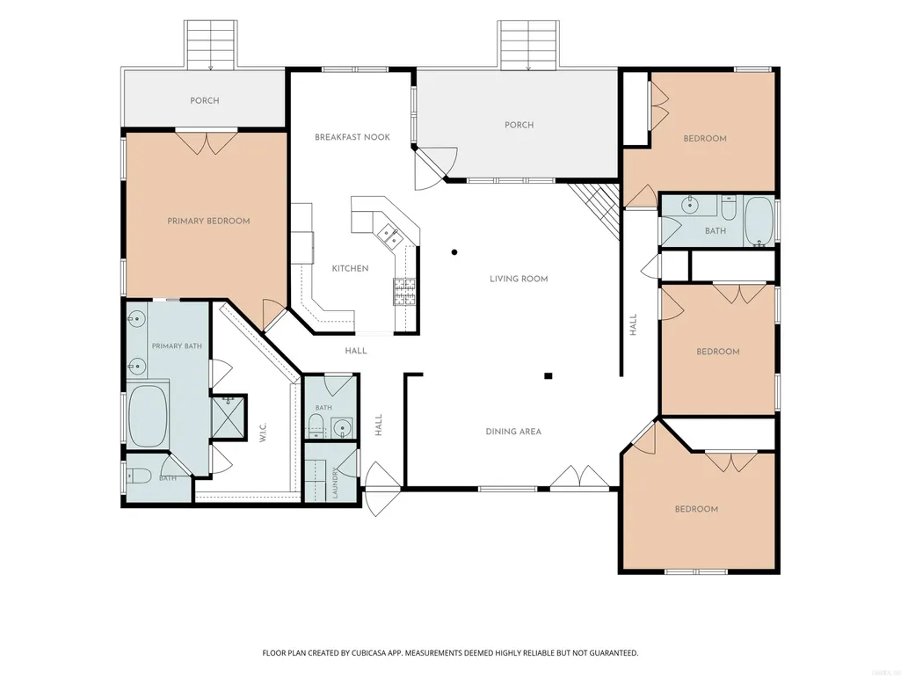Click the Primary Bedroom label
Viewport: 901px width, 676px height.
[208, 221]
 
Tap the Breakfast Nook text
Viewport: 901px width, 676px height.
[352, 137]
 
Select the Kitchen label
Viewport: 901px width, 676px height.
[350, 268]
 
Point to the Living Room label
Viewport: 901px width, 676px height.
[519, 279]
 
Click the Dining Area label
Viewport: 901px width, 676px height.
[513, 432]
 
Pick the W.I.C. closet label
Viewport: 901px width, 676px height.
[263, 432]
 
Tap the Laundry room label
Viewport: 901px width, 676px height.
[335, 483]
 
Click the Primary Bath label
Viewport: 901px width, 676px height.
[177, 346]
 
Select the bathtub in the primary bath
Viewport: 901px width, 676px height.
[148, 416]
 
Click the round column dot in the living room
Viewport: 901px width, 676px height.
[454, 251]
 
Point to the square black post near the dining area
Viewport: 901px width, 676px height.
[549, 376]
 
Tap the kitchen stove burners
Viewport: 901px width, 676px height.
[404, 292]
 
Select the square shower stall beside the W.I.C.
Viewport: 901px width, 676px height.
[229, 418]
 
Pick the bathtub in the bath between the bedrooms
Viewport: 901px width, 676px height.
[759, 222]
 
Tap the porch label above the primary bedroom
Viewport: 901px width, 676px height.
[205, 100]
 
